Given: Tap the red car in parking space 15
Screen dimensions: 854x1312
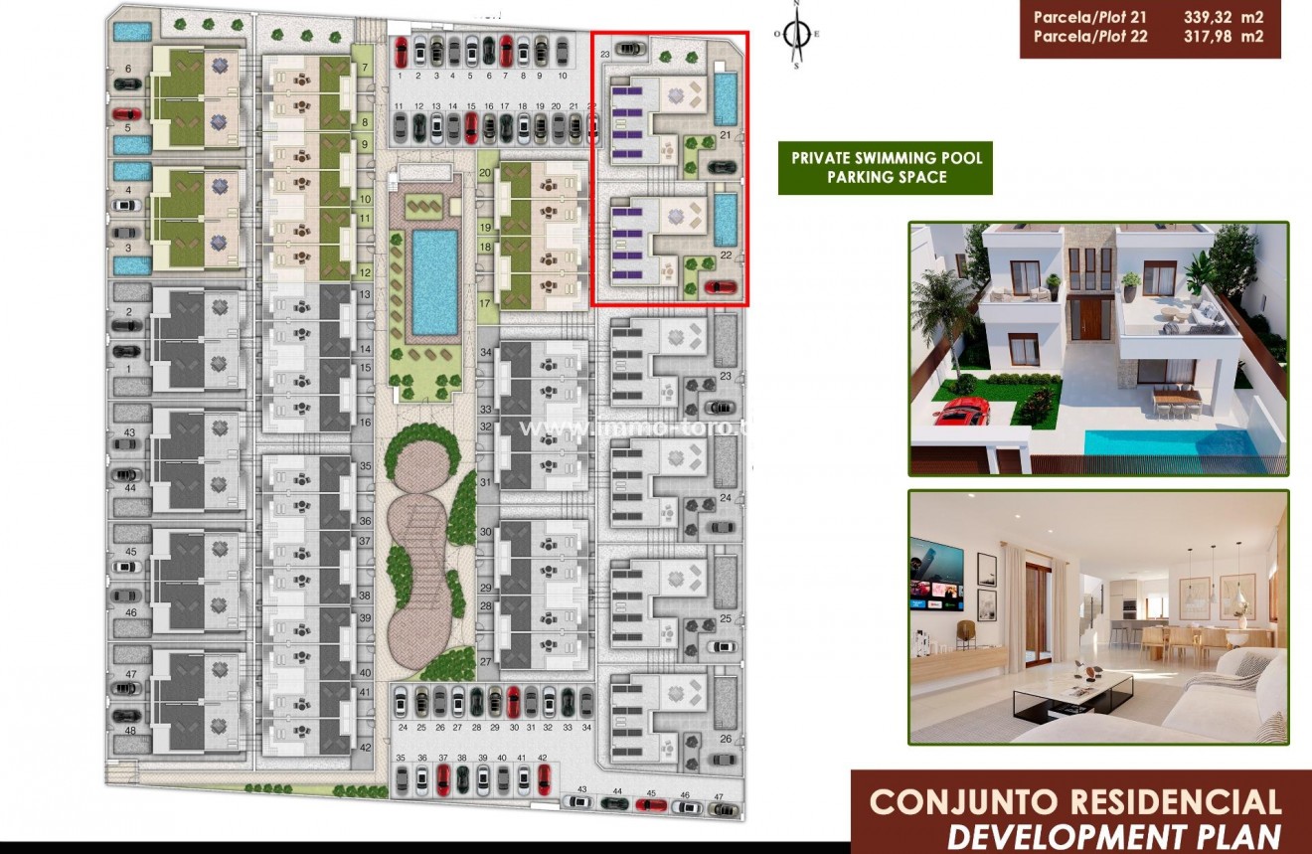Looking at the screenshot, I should (471, 126).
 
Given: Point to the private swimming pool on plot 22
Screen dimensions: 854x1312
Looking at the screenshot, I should (725, 218).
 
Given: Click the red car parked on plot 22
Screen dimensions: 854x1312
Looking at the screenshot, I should (722, 288).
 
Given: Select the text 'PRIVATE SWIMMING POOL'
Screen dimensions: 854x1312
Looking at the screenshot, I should (887, 158).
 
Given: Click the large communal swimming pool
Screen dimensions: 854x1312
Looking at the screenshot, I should (434, 281).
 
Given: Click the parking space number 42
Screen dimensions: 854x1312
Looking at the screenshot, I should (542, 758).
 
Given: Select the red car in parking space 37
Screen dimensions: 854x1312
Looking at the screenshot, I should (443, 778).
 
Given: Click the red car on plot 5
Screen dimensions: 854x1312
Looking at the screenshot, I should (127, 112).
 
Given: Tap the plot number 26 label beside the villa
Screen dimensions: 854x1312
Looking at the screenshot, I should (726, 738).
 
